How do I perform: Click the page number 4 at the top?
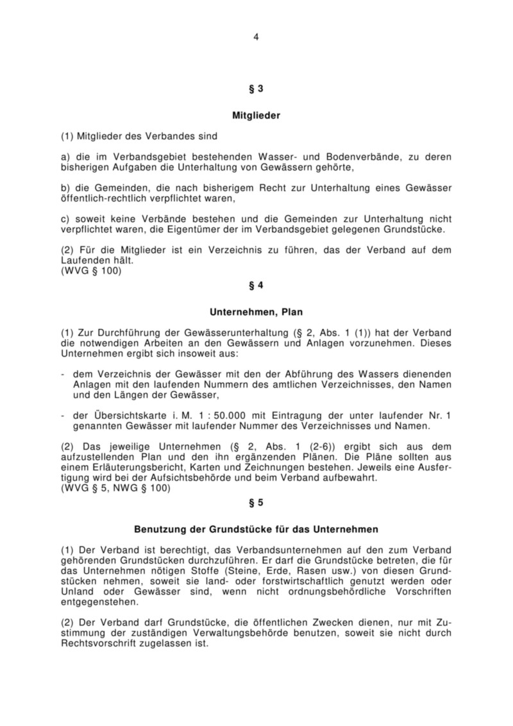coord(256,37)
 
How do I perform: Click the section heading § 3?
coord(256,89)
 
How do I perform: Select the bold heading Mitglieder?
coord(256,116)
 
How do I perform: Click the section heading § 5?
coord(256,502)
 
